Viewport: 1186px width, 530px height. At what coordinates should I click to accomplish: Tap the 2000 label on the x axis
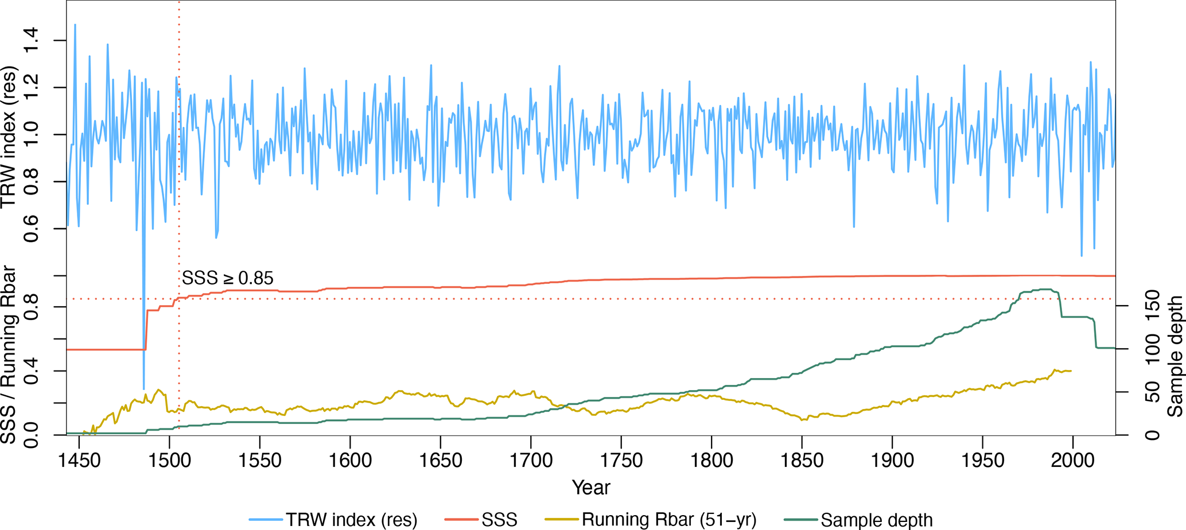[1072, 461]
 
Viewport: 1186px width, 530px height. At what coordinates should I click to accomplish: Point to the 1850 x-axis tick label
[802, 461]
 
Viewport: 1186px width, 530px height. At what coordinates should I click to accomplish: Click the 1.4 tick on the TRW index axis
[30, 41]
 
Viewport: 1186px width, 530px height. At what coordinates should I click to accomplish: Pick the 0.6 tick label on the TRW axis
[30, 229]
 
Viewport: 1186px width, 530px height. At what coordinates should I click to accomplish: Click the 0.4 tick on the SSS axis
[30, 371]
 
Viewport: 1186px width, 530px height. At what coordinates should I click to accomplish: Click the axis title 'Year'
[590, 488]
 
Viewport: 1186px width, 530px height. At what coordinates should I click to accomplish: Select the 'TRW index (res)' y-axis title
[10, 138]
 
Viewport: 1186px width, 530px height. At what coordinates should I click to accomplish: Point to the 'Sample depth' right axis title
[1175, 356]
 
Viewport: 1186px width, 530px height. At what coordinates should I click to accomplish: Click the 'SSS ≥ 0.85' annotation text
[228, 278]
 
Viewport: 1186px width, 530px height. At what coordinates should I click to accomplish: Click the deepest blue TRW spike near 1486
[143, 388]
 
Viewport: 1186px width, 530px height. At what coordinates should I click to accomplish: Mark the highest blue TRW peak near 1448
[75, 25]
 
